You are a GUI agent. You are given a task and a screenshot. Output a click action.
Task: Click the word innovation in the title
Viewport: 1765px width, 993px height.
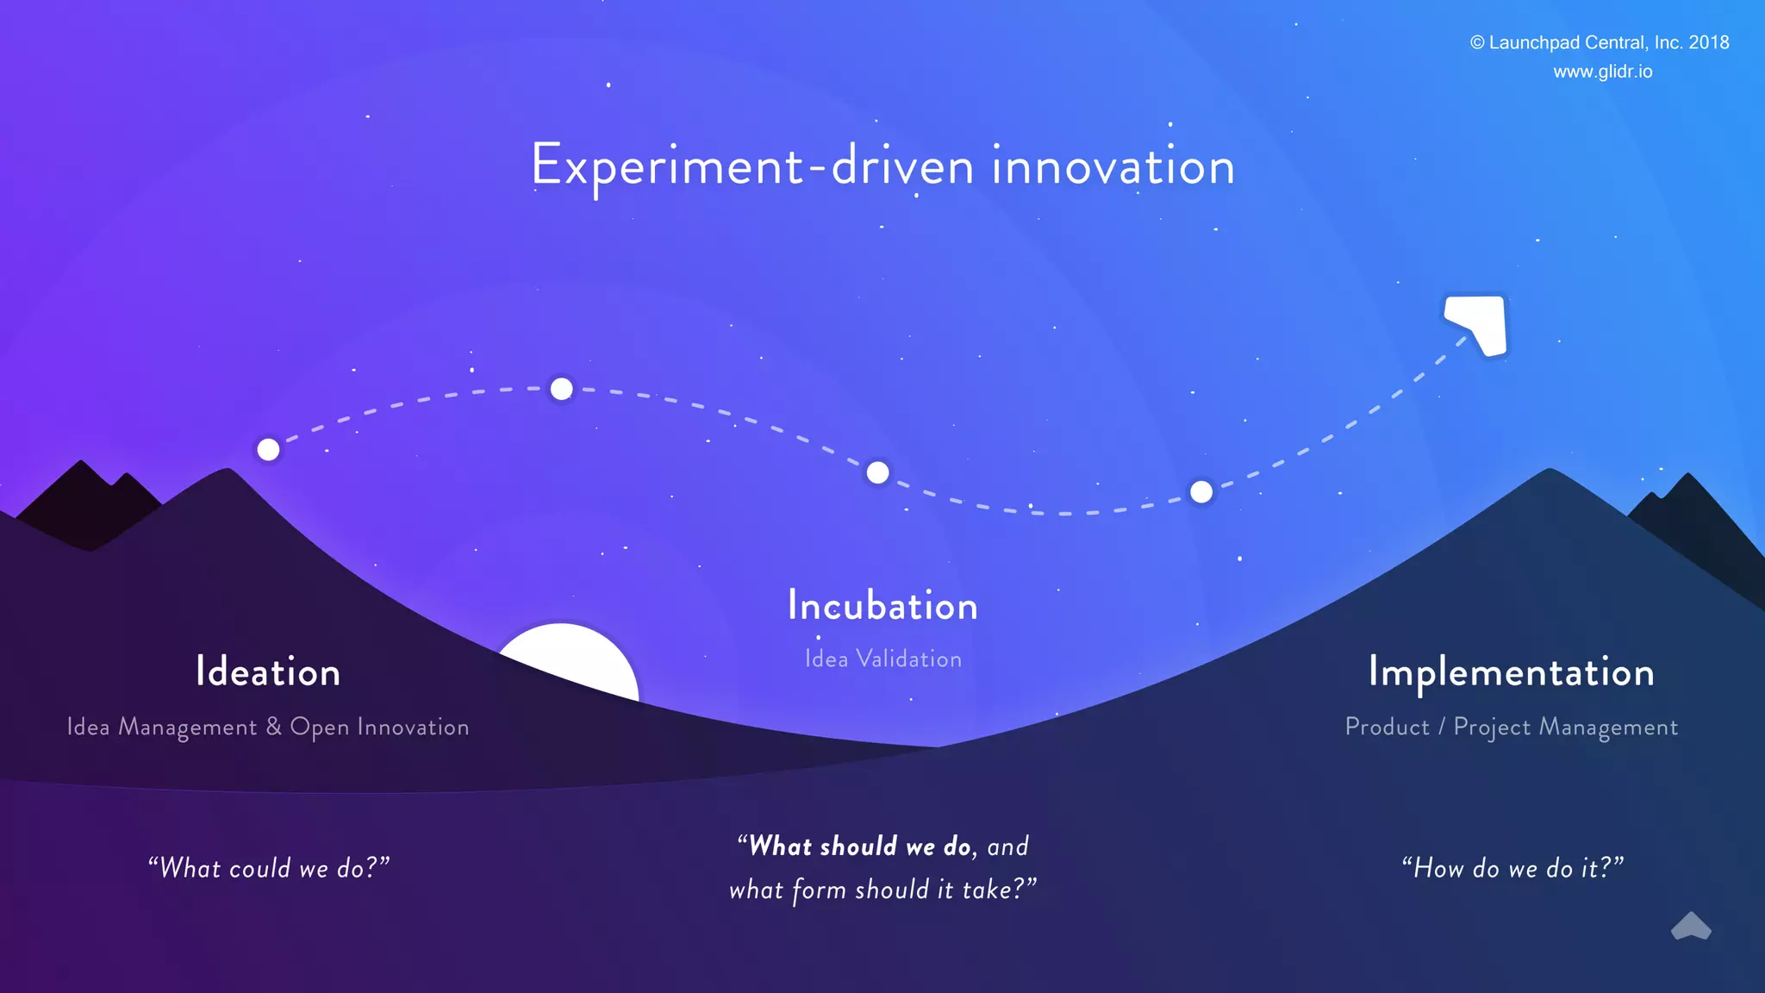(x=1113, y=166)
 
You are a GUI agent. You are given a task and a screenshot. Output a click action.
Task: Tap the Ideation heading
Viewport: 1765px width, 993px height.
(x=268, y=672)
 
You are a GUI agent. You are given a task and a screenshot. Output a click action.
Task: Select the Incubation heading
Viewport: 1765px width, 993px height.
(x=882, y=606)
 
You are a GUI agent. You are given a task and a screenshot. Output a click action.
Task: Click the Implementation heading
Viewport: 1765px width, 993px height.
(x=1512, y=672)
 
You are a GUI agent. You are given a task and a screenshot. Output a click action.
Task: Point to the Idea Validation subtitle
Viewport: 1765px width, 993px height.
(x=882, y=659)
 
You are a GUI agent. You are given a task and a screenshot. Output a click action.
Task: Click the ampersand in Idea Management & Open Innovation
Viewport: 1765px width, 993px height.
(x=273, y=727)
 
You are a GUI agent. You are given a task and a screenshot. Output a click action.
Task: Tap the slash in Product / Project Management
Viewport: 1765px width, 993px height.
(x=1441, y=727)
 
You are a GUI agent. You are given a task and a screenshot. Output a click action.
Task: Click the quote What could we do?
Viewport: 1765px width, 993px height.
(x=268, y=868)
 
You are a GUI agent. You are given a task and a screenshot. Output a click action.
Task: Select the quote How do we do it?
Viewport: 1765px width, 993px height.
(x=1512, y=868)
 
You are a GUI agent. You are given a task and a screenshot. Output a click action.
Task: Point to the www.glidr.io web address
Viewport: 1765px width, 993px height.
(x=1602, y=72)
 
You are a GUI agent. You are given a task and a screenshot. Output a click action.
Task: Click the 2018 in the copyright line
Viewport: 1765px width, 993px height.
(x=1708, y=42)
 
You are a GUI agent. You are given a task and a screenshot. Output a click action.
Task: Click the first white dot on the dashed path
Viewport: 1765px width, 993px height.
(x=268, y=449)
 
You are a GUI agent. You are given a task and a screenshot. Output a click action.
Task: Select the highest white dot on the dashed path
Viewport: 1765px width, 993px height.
(x=561, y=389)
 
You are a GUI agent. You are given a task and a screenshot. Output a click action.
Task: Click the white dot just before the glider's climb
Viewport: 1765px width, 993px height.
(x=1201, y=491)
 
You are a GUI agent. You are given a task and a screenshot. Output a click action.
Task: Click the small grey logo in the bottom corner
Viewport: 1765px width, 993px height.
(x=1691, y=927)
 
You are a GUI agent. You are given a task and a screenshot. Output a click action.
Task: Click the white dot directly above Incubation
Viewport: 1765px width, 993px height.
(x=877, y=472)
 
